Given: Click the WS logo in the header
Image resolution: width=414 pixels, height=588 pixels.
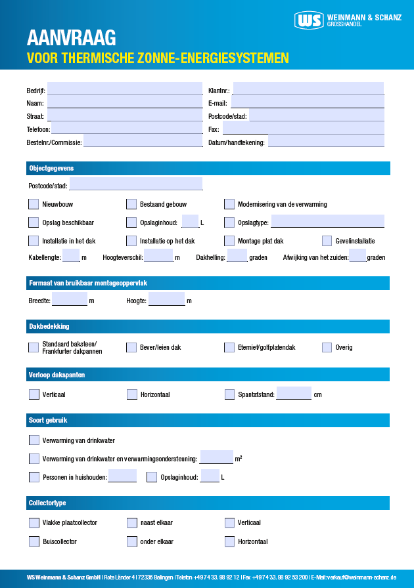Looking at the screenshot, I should [x=310, y=20].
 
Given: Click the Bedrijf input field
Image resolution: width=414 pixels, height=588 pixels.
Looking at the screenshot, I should [x=124, y=89].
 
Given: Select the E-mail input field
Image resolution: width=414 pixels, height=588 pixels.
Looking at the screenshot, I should [x=307, y=102].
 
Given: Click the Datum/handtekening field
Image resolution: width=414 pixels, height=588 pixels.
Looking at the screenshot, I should [x=326, y=141].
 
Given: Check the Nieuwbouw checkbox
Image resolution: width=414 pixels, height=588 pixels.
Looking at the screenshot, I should [x=34, y=204].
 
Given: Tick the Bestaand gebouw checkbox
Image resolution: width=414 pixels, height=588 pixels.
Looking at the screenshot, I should [x=131, y=204].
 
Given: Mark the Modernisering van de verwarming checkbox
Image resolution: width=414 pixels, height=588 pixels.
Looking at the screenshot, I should [x=229, y=204].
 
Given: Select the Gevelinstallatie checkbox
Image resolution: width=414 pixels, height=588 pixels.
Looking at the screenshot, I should [x=327, y=241].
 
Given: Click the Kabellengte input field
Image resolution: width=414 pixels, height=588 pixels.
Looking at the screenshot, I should [x=71, y=257].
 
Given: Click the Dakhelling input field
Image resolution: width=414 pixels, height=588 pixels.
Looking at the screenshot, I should [x=237, y=257].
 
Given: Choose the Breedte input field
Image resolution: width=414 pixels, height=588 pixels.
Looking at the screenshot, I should [x=70, y=300].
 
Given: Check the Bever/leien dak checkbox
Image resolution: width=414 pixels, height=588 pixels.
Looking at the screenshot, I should [x=131, y=347].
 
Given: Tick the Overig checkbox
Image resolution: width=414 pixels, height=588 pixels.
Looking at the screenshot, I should [x=327, y=347].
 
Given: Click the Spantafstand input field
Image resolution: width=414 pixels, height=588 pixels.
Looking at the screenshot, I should [x=294, y=394].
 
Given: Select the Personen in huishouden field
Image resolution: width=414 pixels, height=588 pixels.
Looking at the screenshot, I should [x=122, y=476].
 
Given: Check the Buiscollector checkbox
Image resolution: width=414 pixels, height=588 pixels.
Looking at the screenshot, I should [x=34, y=541].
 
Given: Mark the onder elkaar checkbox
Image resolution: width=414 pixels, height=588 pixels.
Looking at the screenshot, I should [x=131, y=541].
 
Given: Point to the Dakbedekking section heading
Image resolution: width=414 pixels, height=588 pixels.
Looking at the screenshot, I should [x=49, y=326].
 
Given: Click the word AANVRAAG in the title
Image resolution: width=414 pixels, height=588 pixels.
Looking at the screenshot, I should [x=72, y=37].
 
